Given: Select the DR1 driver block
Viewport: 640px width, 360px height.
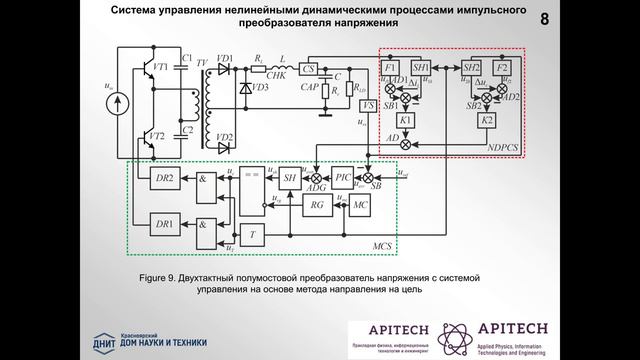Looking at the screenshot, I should point(165,220).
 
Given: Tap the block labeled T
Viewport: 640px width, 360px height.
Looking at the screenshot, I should point(256,235).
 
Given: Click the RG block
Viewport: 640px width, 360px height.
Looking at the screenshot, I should point(317,204).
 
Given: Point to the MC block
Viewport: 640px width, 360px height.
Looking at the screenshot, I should point(360,204).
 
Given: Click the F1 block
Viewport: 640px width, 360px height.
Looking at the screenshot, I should point(391,67).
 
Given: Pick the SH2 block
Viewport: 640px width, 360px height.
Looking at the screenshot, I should point(471,67).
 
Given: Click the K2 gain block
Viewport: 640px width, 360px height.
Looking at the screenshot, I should point(488,120).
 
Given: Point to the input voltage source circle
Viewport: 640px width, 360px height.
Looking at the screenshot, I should point(117,100).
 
